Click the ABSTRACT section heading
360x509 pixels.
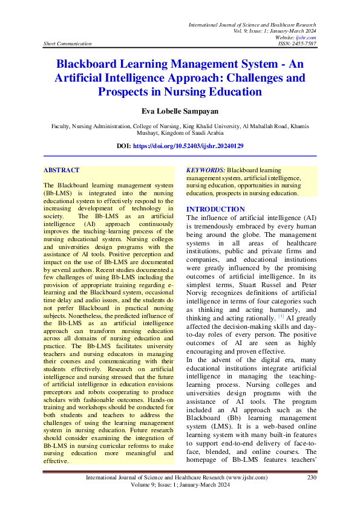[x=62, y=170]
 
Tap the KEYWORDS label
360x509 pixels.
[x=206, y=170]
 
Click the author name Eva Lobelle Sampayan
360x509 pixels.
[x=180, y=111]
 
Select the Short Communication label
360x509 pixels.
[x=68, y=44]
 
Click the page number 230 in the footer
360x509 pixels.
[x=312, y=478]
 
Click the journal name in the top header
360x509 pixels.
[x=252, y=25]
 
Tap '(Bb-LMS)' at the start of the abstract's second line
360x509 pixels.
[x=59, y=192]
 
